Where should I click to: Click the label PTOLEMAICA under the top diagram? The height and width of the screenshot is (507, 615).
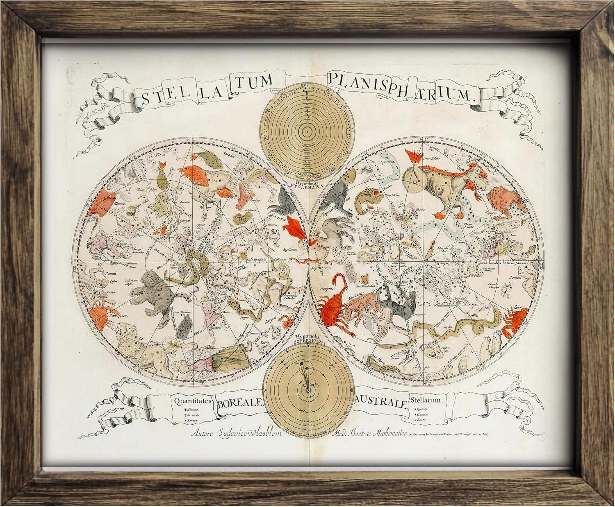pyautogui.click(x=306, y=185)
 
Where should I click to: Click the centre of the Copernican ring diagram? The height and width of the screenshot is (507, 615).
pyautogui.click(x=307, y=391)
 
